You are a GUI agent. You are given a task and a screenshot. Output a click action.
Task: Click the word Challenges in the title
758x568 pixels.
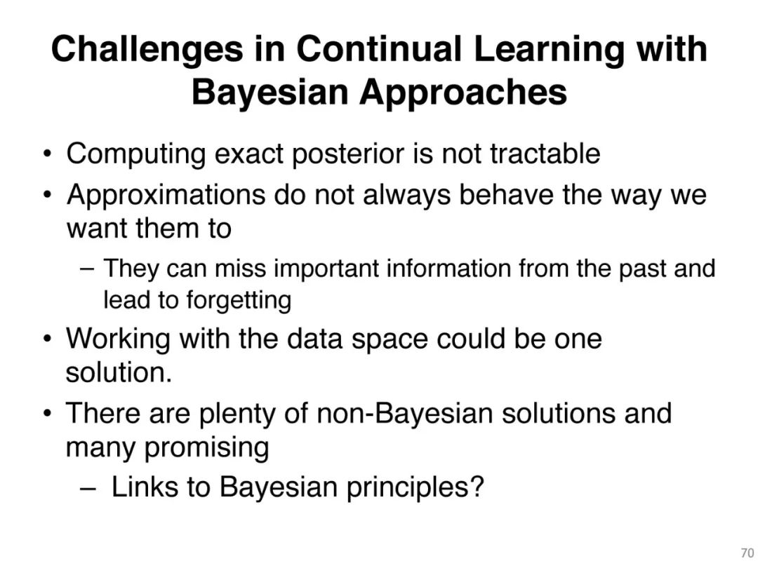pyautogui.click(x=147, y=50)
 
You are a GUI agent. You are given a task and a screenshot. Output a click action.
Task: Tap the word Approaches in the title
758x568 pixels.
pyautogui.click(x=463, y=93)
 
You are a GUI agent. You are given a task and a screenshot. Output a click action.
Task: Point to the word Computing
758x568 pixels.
pyautogui.click(x=135, y=154)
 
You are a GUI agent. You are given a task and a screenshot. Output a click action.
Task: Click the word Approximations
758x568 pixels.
pyautogui.click(x=166, y=196)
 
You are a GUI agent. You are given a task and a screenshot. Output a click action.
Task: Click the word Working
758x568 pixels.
pyautogui.click(x=118, y=339)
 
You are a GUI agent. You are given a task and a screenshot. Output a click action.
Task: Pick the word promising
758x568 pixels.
pyautogui.click(x=207, y=448)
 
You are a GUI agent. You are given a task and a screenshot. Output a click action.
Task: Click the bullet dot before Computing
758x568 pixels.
pyautogui.click(x=47, y=155)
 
